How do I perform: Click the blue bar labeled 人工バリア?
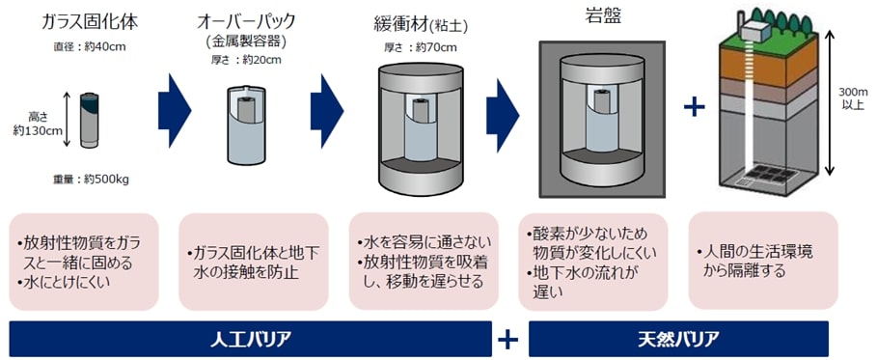(x=250, y=339)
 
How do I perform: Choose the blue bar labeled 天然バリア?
(x=678, y=339)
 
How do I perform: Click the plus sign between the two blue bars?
(x=509, y=339)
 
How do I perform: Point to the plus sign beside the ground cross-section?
(x=694, y=106)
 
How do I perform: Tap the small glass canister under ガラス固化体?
(x=88, y=121)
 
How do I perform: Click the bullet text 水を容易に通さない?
(x=425, y=242)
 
